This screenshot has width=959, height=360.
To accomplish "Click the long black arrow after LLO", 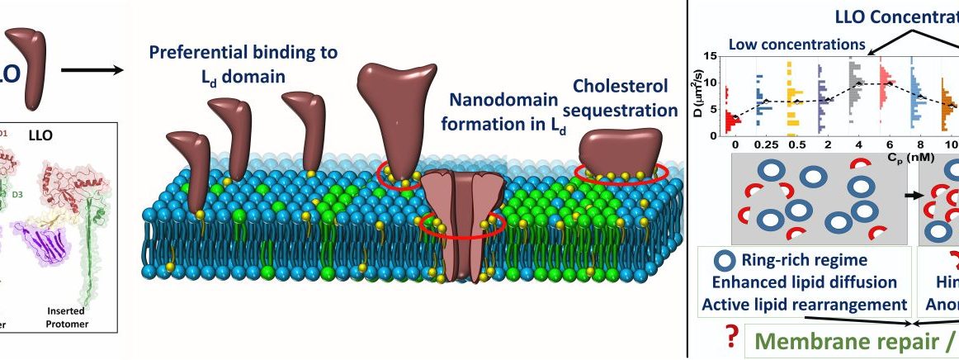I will (92, 69).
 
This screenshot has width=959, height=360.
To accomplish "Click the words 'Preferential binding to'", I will (243, 53).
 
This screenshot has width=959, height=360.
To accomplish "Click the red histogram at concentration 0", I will (732, 116).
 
